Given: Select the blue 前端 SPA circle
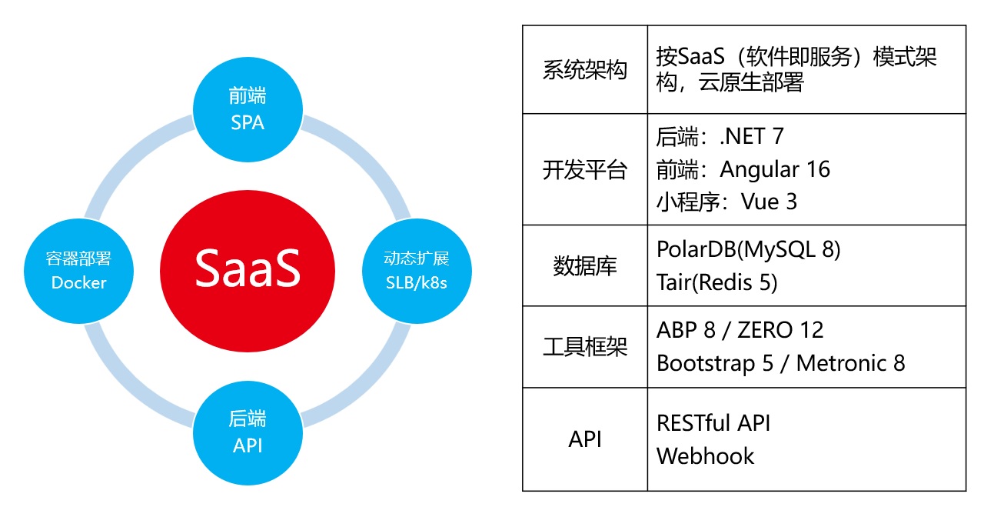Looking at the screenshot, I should (247, 108).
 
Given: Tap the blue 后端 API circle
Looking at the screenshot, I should (247, 432).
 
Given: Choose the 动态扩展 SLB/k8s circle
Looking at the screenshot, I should (416, 270).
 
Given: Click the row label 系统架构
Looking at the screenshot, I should (584, 70).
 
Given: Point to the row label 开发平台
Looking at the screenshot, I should (584, 169).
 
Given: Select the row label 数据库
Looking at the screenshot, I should (584, 265).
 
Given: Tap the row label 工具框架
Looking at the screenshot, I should (584, 346).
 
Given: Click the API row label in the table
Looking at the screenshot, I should (584, 439).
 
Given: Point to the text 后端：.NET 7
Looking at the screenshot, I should (720, 136).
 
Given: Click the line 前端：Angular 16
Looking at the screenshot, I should (743, 169).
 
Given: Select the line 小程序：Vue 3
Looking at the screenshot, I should (726, 202).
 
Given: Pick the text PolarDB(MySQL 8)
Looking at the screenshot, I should (748, 249).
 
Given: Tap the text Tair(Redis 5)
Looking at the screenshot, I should (716, 282).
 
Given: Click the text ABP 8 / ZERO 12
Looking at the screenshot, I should (740, 330).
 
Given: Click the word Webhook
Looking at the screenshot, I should (705, 455).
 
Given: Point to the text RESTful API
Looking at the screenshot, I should (713, 422).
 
